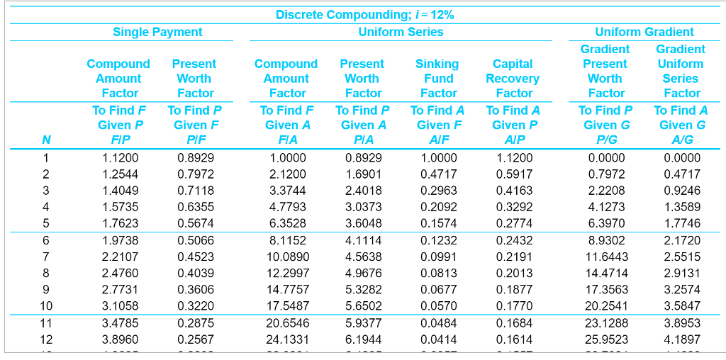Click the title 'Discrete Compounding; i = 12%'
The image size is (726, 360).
click(x=365, y=14)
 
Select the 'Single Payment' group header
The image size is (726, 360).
click(x=157, y=32)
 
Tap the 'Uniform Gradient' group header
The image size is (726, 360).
click(x=644, y=32)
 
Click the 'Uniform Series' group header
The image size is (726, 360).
click(x=401, y=32)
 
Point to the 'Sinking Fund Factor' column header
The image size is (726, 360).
click(x=438, y=78)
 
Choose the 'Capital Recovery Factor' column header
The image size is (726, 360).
click(x=513, y=78)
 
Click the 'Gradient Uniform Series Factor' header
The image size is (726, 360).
click(x=681, y=71)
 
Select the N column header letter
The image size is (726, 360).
click(x=46, y=140)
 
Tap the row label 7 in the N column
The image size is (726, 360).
click(x=46, y=257)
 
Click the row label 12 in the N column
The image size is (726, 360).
click(x=46, y=339)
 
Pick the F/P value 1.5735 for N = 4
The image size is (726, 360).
click(x=121, y=207)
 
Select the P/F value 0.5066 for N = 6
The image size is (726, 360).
click(x=196, y=240)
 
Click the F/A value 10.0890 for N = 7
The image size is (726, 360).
click(x=288, y=257)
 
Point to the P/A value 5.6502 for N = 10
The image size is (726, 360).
click(x=363, y=306)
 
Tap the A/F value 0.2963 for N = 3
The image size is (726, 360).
click(x=438, y=191)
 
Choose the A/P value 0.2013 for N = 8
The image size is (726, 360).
click(x=514, y=273)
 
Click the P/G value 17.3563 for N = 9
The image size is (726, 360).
click(x=606, y=290)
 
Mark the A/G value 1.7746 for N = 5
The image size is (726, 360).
click(x=681, y=223)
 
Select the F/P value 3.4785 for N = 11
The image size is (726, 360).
click(x=121, y=323)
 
